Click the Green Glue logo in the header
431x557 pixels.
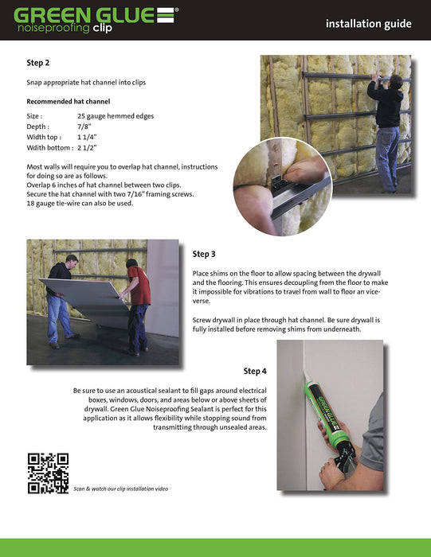pyautogui.click(x=96, y=20)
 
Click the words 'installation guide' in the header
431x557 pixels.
pyautogui.click(x=368, y=24)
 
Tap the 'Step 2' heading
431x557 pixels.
pyautogui.click(x=38, y=63)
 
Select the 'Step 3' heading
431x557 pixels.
pyautogui.click(x=204, y=254)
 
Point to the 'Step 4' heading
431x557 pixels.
pyautogui.click(x=255, y=372)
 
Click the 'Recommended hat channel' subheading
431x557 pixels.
pyautogui.click(x=69, y=102)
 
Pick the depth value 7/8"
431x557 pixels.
pyautogui.click(x=84, y=127)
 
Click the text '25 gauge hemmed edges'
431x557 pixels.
pyautogui.click(x=116, y=116)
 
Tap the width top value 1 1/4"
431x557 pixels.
pyautogui.click(x=87, y=137)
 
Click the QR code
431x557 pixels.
pyautogui.click(x=48, y=473)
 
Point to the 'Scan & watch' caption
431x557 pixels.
pyautogui.click(x=120, y=489)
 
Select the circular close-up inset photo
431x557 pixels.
pyautogui.click(x=283, y=186)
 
